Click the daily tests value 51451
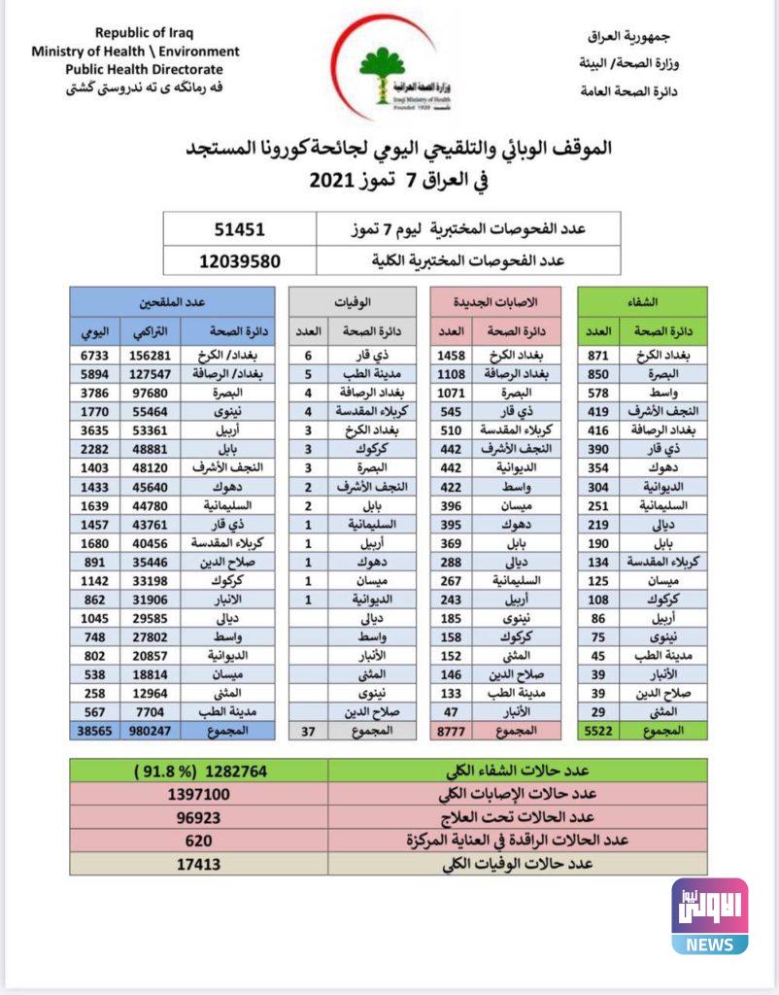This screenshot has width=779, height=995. [x=240, y=230]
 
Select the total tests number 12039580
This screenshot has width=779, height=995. [x=240, y=260]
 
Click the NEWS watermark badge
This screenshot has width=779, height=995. [x=710, y=916]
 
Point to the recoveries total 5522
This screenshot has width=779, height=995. [x=598, y=729]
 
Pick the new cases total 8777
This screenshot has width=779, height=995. [x=453, y=729]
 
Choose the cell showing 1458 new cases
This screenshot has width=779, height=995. [x=453, y=357]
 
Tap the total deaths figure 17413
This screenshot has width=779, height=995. [x=199, y=864]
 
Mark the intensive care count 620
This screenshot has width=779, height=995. [x=199, y=841]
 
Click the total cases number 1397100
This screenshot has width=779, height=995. [x=199, y=794]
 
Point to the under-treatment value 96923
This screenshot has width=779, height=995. [x=199, y=817]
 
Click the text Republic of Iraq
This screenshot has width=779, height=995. [x=144, y=33]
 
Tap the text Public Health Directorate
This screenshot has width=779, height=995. [x=144, y=69]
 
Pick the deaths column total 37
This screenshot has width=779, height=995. [x=307, y=729]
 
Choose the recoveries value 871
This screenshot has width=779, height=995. [x=598, y=357]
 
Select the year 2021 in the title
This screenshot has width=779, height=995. [x=334, y=181]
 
